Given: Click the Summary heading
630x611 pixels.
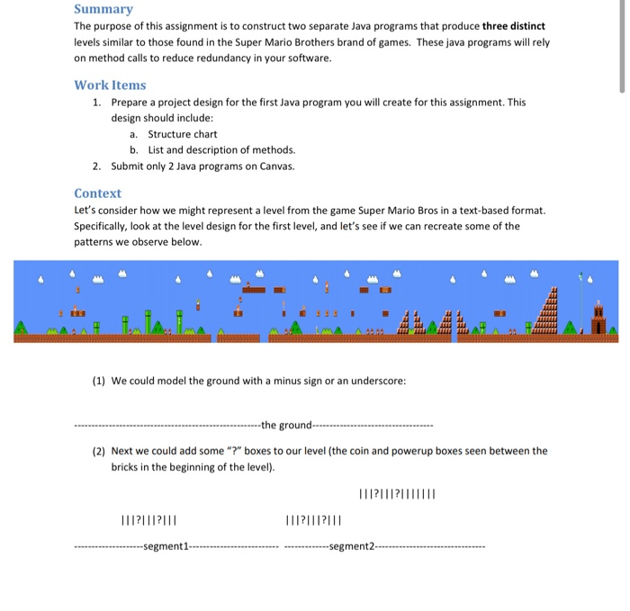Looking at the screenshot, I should click(x=103, y=9).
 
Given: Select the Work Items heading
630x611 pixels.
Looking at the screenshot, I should click(x=110, y=85).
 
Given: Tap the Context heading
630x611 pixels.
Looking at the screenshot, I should click(x=97, y=193).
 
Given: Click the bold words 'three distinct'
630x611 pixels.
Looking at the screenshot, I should click(x=513, y=26).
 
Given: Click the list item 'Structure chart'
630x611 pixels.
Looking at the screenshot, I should click(x=183, y=134).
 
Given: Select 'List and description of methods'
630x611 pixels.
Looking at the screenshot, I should click(x=221, y=150).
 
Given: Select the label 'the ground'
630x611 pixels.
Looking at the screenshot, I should click(x=285, y=425).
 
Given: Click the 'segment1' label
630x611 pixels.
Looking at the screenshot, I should click(x=165, y=546).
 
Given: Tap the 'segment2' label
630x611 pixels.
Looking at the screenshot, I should click(x=352, y=546).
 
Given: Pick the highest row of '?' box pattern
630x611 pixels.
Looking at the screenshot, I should click(x=397, y=493).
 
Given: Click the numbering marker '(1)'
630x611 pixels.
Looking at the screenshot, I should click(x=100, y=381).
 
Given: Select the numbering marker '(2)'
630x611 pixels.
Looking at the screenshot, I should click(x=100, y=451).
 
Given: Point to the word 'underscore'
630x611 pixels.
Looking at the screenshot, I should click(x=377, y=381).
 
